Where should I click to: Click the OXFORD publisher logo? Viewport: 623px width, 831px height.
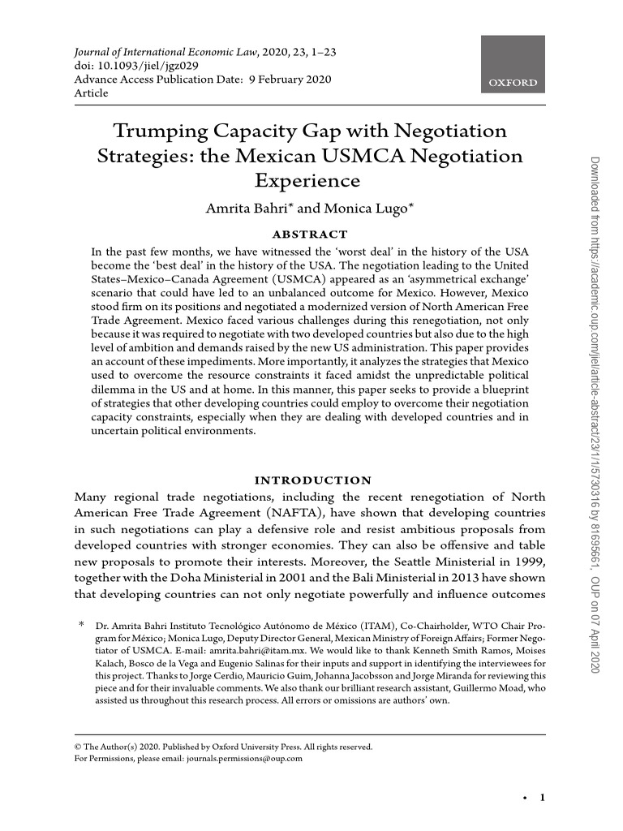513,66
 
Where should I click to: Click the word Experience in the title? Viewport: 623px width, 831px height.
307,179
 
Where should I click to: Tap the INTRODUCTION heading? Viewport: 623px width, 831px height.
313,480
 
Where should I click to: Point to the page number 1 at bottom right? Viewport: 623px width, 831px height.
542,798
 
